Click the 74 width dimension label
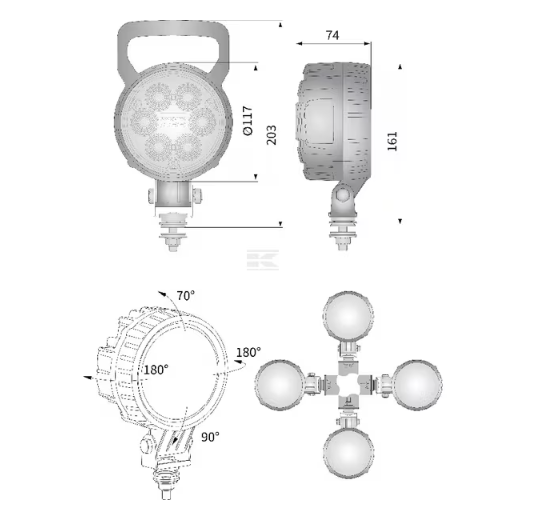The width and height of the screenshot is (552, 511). tap(332, 35)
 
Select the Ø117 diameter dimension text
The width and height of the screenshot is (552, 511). tap(248, 120)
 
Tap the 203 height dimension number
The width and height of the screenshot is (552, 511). tap(271, 135)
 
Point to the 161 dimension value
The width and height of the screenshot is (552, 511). tap(392, 141)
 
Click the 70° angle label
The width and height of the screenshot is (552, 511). tap(186, 296)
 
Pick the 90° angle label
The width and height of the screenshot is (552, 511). tap(210, 437)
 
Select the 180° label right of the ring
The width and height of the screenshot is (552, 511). tap(249, 352)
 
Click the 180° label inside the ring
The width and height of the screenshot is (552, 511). tap(156, 370)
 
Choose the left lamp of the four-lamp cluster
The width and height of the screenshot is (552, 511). tap(279, 384)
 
